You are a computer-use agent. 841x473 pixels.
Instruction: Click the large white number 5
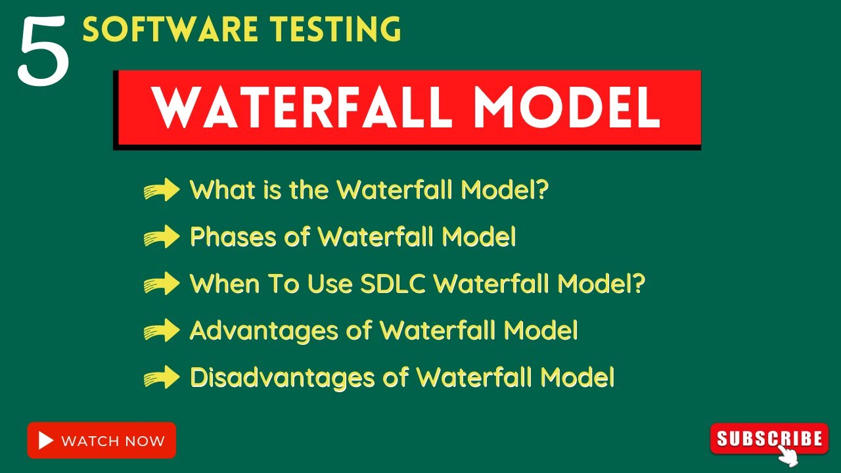43,51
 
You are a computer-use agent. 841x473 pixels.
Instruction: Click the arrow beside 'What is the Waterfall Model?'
162,190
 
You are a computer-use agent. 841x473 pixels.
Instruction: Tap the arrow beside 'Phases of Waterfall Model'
162,236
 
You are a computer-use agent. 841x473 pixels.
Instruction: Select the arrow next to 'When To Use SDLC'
162,284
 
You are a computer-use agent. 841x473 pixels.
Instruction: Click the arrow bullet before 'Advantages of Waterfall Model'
162,330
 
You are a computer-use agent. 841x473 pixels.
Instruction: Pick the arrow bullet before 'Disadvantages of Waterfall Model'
162,378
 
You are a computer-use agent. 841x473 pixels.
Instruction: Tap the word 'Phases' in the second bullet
233,236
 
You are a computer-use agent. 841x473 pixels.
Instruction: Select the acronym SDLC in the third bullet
393,284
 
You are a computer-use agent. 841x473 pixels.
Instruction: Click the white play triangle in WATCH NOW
46,441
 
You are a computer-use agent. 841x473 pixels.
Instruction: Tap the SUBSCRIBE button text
769,438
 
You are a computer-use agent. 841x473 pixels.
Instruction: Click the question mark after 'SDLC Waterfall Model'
637,284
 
